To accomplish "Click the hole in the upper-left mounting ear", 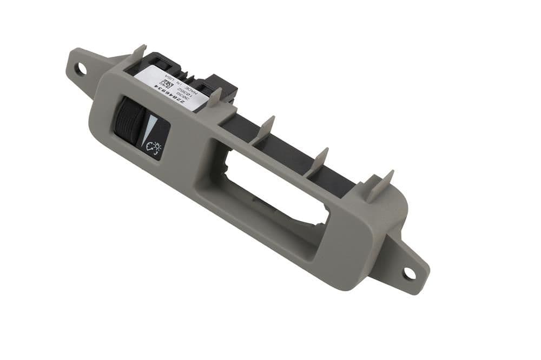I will pos(82,69).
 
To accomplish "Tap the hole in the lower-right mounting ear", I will pos(410,274).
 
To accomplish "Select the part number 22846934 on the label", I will pos(174,96).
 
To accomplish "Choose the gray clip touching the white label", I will pos(215,98).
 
